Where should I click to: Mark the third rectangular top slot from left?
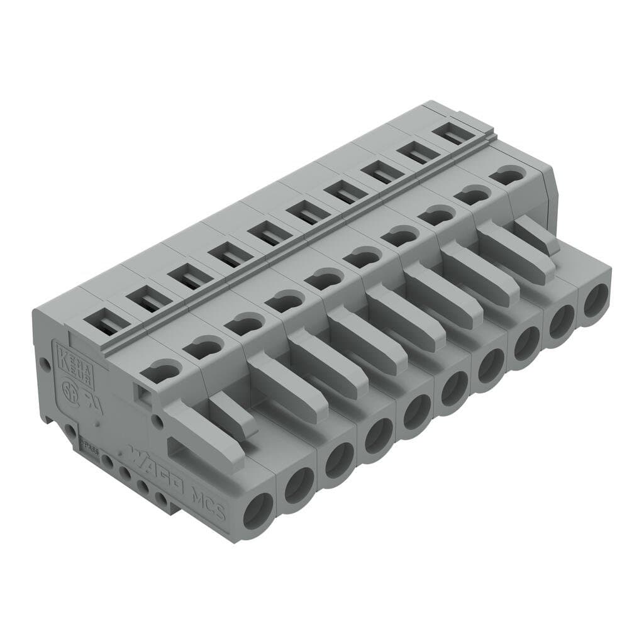187,276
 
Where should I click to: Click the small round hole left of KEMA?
44,364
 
